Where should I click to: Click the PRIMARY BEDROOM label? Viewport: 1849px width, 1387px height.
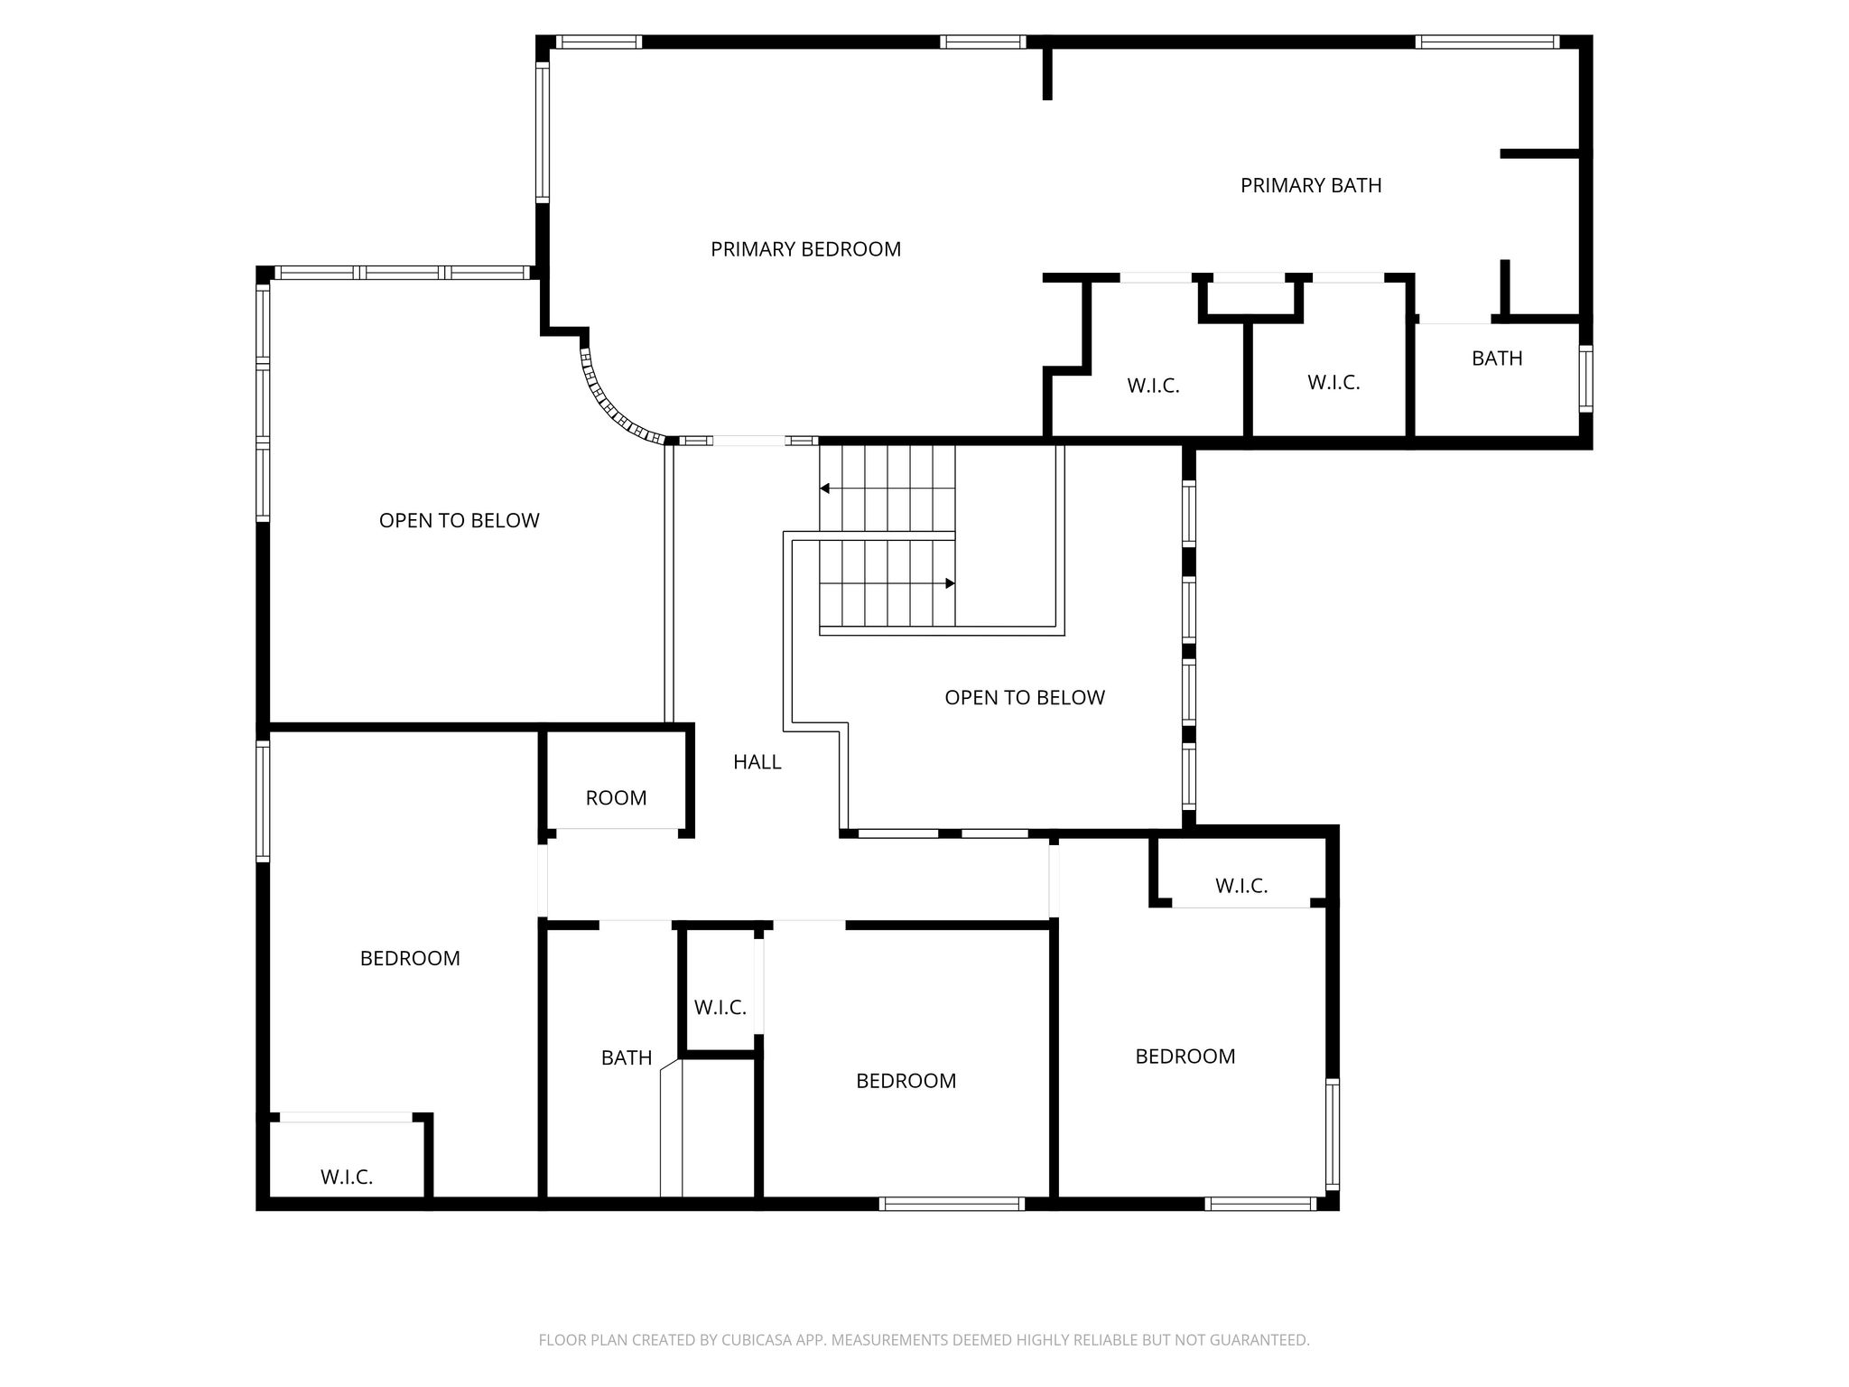[805, 249]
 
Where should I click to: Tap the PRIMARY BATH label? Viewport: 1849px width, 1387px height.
[1311, 186]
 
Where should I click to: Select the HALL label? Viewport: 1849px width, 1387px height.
[757, 762]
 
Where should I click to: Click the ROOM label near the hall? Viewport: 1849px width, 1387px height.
[616, 798]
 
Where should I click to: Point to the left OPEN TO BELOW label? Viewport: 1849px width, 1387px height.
[459, 521]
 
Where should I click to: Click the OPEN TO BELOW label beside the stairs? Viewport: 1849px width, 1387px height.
[1025, 698]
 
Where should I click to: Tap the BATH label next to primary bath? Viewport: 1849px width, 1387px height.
[1497, 358]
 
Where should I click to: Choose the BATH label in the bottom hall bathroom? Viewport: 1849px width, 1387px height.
[627, 1057]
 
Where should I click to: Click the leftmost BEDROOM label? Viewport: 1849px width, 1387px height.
[410, 958]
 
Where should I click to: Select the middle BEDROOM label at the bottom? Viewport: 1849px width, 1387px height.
[906, 1081]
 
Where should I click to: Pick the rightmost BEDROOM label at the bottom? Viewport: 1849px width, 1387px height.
[1185, 1057]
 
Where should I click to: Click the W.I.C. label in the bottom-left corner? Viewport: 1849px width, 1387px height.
[347, 1178]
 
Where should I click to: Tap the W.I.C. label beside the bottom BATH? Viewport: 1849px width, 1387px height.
[720, 1008]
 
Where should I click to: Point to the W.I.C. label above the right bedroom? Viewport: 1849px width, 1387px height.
[1241, 887]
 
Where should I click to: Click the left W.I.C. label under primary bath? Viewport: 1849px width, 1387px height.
[1153, 386]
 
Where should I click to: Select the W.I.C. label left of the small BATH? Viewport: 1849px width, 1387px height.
[1333, 383]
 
